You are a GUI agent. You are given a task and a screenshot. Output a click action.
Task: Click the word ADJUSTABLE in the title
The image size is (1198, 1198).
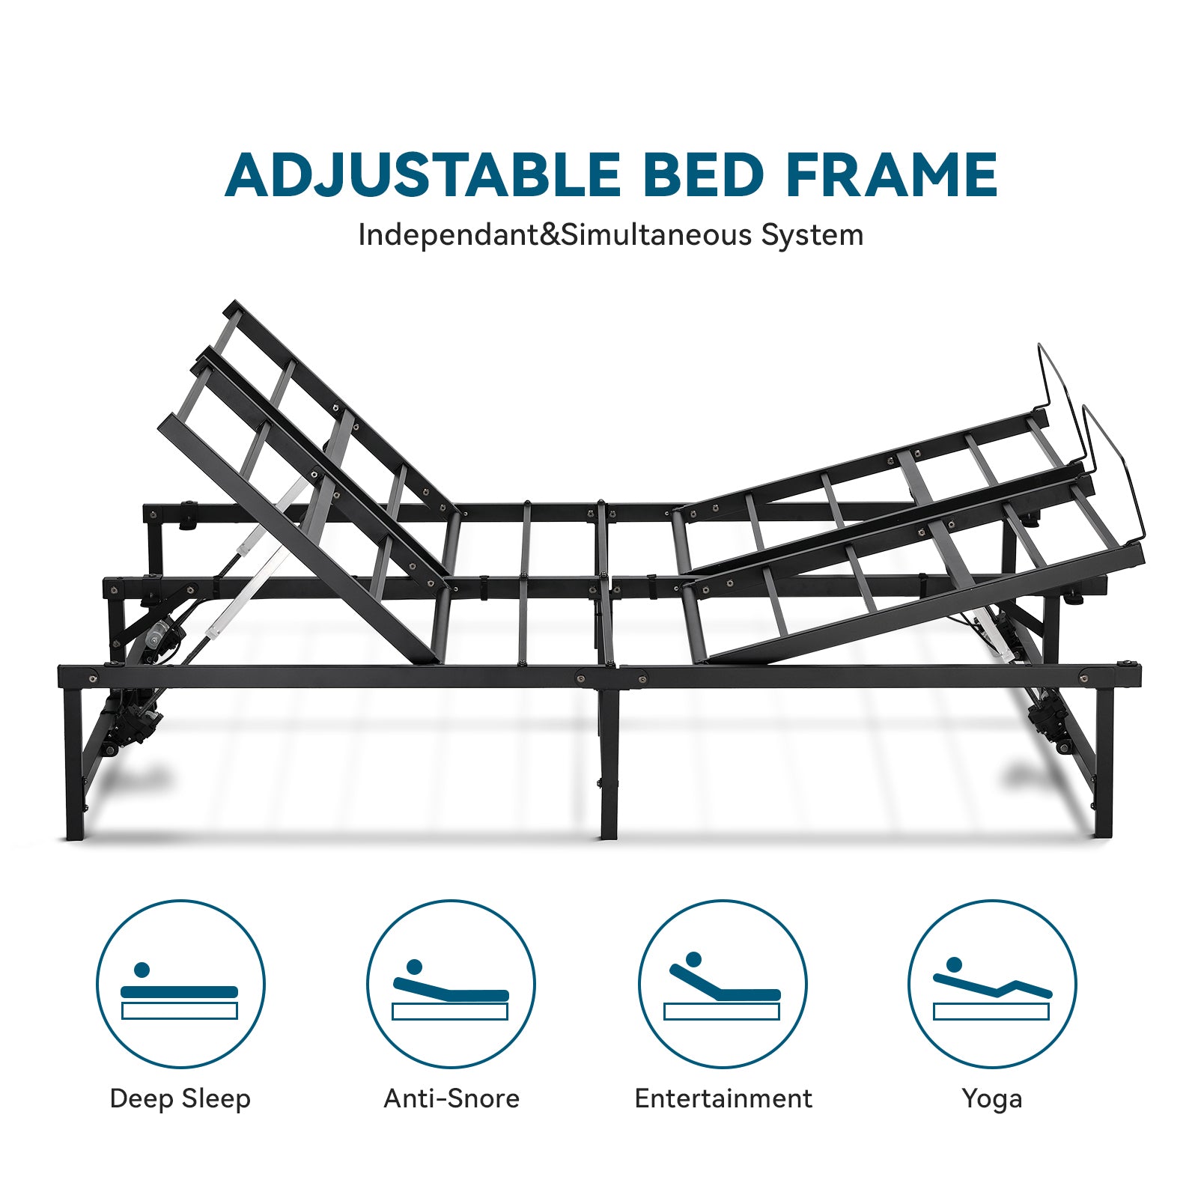[423, 175]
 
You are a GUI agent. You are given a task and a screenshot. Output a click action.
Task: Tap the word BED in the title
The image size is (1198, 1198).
[703, 175]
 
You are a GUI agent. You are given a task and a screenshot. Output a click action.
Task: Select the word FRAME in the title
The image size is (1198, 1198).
[892, 175]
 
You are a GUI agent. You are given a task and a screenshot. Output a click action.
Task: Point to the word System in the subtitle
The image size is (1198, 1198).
[812, 235]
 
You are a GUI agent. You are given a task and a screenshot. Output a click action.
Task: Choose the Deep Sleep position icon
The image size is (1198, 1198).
[180, 984]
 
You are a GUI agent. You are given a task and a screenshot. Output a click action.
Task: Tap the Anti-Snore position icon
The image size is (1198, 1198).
[451, 984]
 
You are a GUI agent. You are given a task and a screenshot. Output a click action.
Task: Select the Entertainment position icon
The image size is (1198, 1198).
[723, 984]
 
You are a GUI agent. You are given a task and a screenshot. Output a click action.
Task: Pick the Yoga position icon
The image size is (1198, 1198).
[992, 984]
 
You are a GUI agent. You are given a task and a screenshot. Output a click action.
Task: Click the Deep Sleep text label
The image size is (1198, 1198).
[180, 1099]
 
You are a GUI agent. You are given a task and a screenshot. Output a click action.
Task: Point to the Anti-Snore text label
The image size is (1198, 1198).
[451, 1098]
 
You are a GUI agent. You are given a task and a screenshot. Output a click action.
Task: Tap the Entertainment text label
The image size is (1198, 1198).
[723, 1098]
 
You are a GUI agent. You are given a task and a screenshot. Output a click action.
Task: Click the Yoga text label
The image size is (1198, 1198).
[992, 1099]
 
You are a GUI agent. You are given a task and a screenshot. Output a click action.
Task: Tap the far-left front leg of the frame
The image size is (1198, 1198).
[73, 764]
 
